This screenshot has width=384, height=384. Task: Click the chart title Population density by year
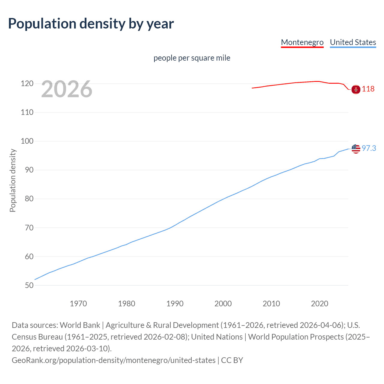point(91,24)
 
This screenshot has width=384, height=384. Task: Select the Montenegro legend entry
point(302,42)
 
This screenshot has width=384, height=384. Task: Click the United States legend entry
point(353,42)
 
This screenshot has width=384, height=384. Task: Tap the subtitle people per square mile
point(192,58)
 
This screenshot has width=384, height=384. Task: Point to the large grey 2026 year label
point(67,89)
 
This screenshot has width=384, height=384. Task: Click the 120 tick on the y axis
point(27,84)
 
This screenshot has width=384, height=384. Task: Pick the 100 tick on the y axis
point(27,141)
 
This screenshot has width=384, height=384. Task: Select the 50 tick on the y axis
point(29,285)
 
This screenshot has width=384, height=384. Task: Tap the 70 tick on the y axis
point(29,228)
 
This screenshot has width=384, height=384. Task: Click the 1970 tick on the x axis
point(78,304)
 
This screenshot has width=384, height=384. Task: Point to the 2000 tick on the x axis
point(223,304)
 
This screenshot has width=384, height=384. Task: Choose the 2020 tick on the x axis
point(319,304)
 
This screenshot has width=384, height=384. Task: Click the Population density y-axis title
point(13,180)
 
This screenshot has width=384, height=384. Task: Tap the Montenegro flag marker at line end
point(356,89)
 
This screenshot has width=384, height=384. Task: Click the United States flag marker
point(356,148)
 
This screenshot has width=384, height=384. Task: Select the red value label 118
point(368,89)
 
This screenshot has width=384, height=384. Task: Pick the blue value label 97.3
point(369,148)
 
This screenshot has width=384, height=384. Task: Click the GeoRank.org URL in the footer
point(113,360)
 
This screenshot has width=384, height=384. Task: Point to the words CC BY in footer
point(232,360)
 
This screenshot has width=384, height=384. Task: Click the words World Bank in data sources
point(80,325)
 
